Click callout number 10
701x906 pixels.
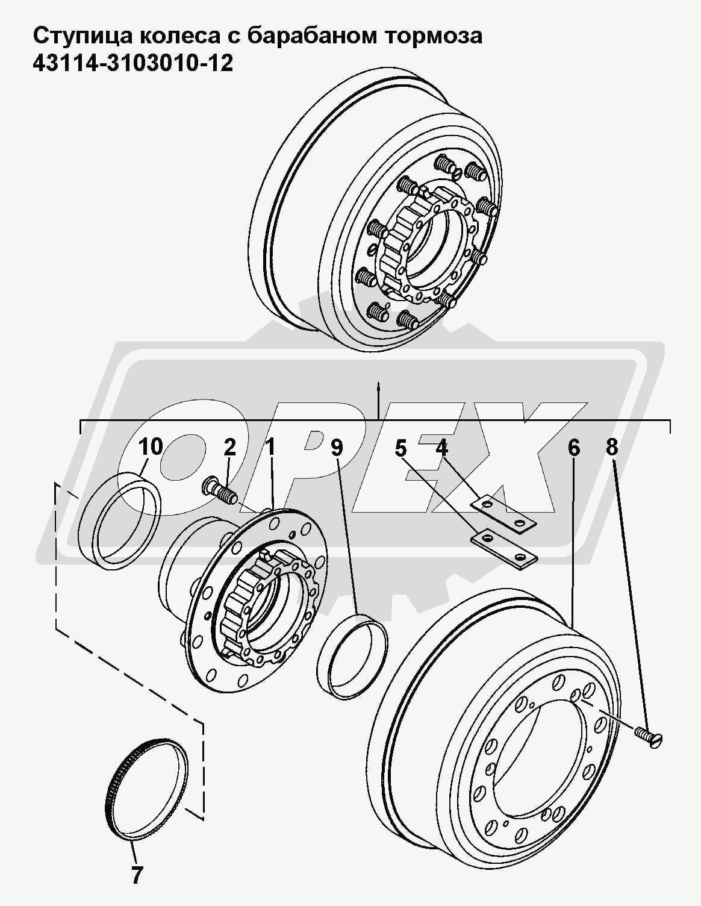click(x=151, y=447)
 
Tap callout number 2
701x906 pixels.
click(x=229, y=447)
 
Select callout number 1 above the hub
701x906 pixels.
click(x=270, y=447)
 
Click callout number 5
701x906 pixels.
click(x=401, y=448)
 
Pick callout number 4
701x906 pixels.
click(x=441, y=447)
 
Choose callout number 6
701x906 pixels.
click(x=573, y=448)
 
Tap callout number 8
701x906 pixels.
click(x=612, y=447)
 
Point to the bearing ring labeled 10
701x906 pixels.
click(x=120, y=522)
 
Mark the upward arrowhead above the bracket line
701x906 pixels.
click(x=378, y=385)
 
